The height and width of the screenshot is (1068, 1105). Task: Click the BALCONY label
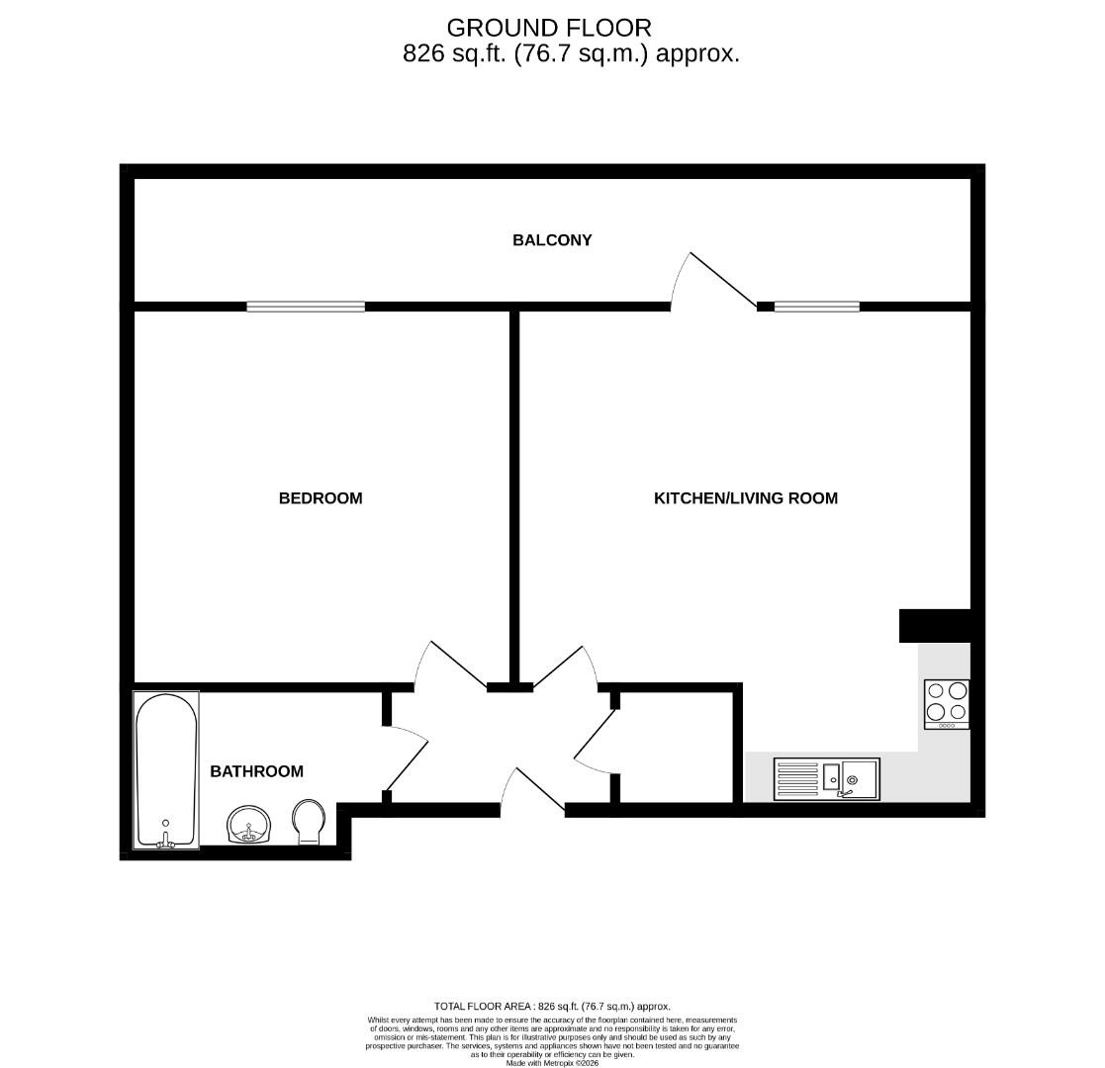[x=552, y=240]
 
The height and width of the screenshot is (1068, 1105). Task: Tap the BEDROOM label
[x=321, y=498]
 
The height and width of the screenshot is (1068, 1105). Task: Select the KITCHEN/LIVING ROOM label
[x=746, y=498]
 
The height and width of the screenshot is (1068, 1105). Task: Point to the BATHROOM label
[x=256, y=771]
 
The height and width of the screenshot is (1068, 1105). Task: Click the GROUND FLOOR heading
[x=550, y=28]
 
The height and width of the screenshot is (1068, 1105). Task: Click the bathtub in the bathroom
[x=166, y=769]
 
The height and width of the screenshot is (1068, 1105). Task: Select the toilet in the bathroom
[x=309, y=822]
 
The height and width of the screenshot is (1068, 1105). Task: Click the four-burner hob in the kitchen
[x=947, y=703]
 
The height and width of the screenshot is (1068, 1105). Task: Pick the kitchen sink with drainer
[x=826, y=778]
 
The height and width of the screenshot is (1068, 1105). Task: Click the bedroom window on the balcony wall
[x=306, y=307]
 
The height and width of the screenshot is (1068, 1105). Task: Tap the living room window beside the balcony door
[x=816, y=307]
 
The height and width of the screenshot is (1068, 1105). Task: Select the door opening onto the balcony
[x=714, y=281]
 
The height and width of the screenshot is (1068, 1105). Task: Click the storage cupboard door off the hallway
[x=594, y=742]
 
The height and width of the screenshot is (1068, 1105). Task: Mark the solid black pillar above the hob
[x=934, y=626]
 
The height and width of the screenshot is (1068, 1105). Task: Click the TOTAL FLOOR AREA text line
[x=552, y=1006]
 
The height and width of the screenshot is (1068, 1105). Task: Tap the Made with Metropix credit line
[x=552, y=1063]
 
